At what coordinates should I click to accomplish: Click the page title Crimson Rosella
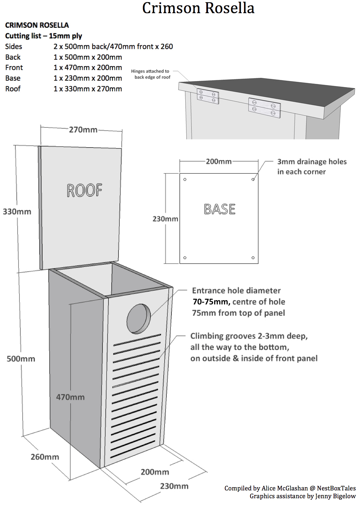[198, 8]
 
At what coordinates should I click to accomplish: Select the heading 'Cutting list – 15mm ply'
[43, 36]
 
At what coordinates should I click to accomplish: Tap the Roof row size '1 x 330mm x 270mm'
[88, 89]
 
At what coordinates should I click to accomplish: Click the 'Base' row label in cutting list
[13, 78]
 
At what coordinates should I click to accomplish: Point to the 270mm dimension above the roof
[83, 130]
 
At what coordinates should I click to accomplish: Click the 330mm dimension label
[17, 212]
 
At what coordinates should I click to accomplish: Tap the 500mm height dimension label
[21, 359]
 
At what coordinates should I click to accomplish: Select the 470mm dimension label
[70, 397]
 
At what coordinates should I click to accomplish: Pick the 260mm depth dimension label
[45, 457]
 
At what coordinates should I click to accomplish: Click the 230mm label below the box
[174, 486]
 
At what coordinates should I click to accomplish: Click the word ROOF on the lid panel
[85, 191]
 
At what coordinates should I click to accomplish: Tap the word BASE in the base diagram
[219, 209]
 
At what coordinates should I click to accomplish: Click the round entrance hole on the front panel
[138, 318]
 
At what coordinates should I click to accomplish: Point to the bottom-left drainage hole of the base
[185, 258]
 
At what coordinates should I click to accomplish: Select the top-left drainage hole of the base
[185, 180]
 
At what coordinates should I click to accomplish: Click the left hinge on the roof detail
[208, 96]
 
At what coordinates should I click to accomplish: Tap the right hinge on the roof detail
[265, 108]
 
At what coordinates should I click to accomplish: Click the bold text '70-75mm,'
[211, 302]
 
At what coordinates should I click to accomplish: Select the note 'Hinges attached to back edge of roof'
[150, 74]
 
